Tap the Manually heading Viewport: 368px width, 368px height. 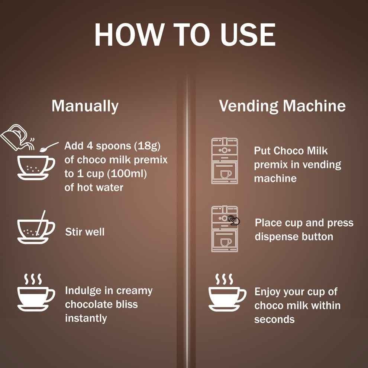85,106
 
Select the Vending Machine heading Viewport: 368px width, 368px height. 282,106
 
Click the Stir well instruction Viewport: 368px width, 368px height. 85,232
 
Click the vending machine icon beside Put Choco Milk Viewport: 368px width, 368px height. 225,161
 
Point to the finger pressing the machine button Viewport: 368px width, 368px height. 234,220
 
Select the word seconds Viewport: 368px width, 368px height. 274,319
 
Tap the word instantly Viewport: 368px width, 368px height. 86,318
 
